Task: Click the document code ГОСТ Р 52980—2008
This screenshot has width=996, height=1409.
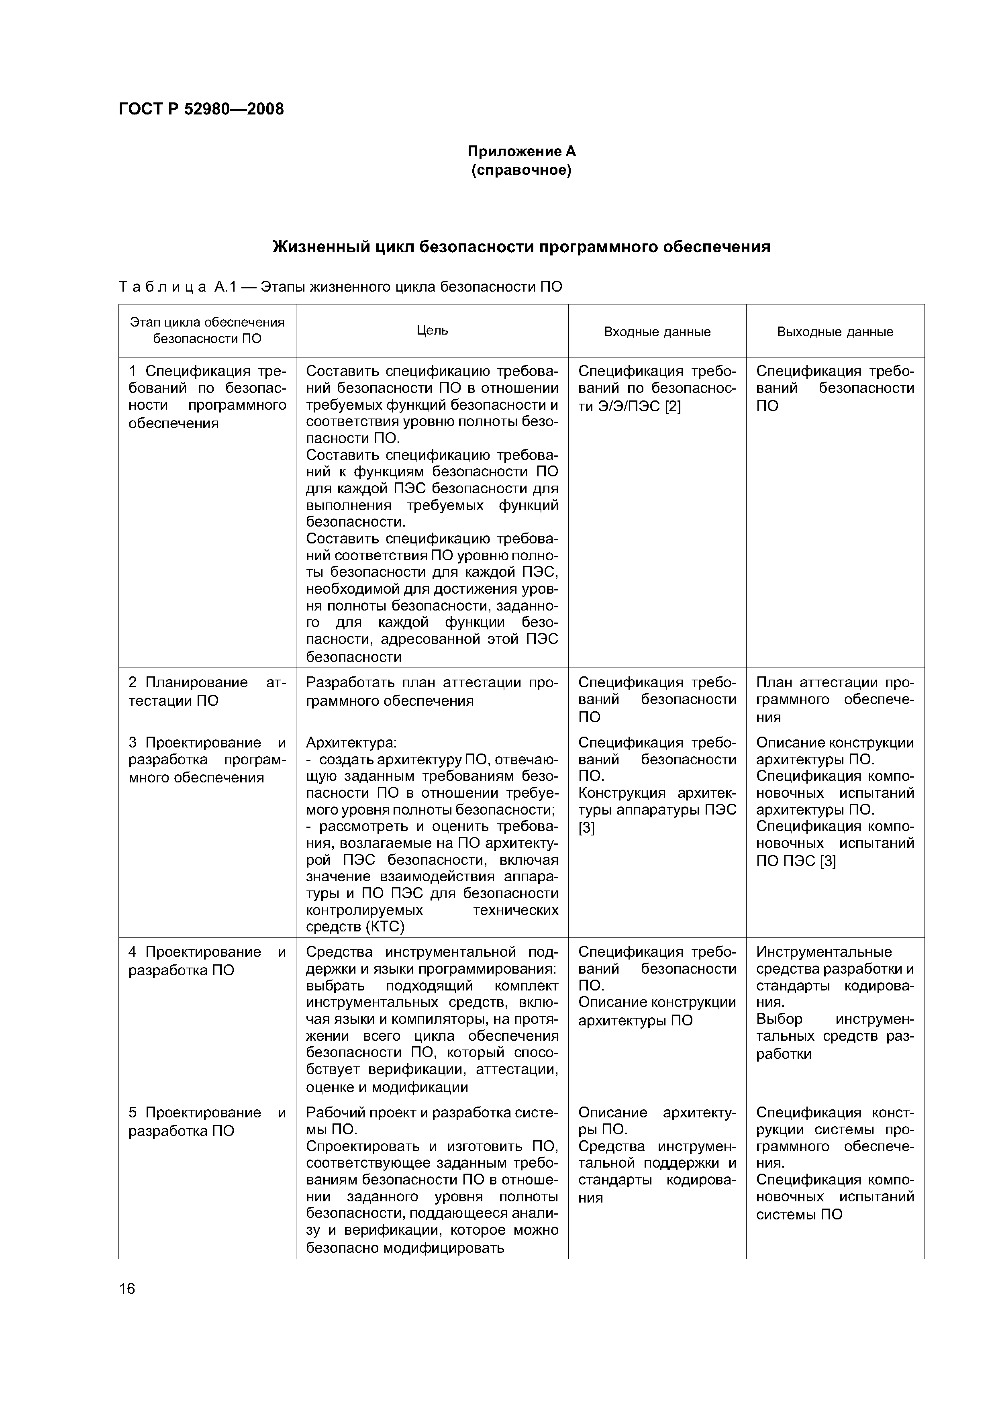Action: (201, 109)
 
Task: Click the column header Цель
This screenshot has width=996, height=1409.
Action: (432, 330)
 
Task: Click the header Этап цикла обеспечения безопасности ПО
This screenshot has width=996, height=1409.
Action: (207, 330)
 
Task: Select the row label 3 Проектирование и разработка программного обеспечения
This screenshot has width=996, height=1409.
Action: (207, 760)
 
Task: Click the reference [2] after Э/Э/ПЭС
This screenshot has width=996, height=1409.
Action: (673, 406)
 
